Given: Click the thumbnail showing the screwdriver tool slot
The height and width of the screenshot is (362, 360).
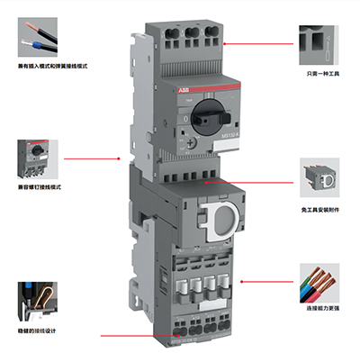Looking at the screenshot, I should (x=319, y=41).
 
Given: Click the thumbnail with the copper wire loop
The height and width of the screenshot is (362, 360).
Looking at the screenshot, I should (x=39, y=302).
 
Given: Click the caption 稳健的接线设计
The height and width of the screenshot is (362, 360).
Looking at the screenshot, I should (x=40, y=331).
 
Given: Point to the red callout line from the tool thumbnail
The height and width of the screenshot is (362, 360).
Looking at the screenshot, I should (x=261, y=42).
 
